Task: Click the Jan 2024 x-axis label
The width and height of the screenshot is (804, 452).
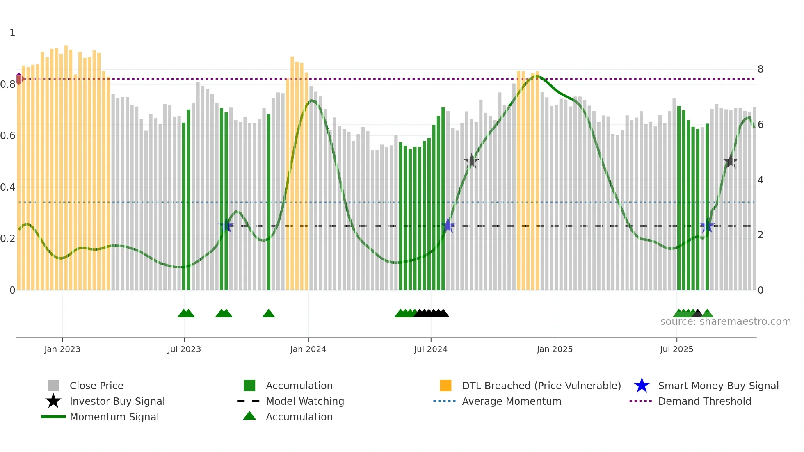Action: click(x=308, y=349)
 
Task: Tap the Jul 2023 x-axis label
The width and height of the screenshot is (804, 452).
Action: click(x=184, y=349)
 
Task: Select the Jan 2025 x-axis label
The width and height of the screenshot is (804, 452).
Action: click(x=555, y=349)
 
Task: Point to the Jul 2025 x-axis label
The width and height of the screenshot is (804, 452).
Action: click(x=676, y=349)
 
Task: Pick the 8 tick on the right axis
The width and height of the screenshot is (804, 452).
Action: click(x=761, y=69)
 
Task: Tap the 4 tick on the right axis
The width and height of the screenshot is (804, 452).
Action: click(x=761, y=180)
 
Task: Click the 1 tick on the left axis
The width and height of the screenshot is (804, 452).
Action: click(x=12, y=33)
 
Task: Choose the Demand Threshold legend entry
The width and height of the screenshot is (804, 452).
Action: click(x=704, y=401)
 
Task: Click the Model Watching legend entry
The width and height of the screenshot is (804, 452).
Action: click(x=304, y=401)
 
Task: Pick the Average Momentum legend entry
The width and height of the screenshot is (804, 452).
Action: click(x=511, y=401)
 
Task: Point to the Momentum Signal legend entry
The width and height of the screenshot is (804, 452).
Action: click(x=114, y=417)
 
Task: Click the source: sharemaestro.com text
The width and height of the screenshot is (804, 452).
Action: click(x=725, y=322)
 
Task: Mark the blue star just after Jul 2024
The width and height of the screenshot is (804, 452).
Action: click(x=448, y=225)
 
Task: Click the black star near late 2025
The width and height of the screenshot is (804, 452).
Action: click(x=731, y=161)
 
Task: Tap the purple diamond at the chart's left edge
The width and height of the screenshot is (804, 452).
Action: click(x=19, y=78)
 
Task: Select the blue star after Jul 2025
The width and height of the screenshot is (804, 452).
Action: click(x=707, y=226)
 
